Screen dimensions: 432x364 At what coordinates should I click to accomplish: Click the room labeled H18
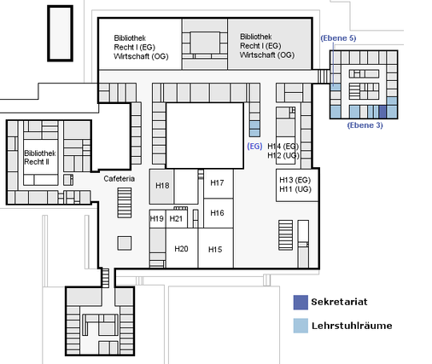[161, 186]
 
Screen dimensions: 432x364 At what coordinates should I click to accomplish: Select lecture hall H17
[219, 183]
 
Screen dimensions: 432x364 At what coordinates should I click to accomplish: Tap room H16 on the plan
[219, 213]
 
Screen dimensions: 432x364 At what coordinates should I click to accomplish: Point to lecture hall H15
[216, 248]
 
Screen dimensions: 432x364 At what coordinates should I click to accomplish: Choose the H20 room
[182, 248]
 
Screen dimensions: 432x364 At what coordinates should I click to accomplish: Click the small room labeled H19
[157, 218]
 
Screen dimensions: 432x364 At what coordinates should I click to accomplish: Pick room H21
[177, 218]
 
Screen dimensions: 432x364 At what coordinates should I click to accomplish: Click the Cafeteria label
[119, 179]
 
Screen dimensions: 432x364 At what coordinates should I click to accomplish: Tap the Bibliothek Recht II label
[40, 158]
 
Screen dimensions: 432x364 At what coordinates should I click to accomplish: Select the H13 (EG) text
[295, 180]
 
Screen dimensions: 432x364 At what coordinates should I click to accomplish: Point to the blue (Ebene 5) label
[338, 38]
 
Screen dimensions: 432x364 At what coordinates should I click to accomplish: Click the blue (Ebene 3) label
[365, 125]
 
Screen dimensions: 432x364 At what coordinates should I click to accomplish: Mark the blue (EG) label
[254, 146]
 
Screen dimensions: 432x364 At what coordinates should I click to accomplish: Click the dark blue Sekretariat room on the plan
[382, 112]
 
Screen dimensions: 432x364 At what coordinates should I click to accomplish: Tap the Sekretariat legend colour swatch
[301, 303]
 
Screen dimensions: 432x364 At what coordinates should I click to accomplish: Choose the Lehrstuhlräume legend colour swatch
[301, 326]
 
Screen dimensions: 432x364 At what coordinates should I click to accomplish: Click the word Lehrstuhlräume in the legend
[352, 326]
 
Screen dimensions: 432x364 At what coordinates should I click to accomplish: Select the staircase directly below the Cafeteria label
[125, 203]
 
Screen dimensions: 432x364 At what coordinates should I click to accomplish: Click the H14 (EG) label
[283, 147]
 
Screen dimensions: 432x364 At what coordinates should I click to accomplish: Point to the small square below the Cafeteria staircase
[125, 244]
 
